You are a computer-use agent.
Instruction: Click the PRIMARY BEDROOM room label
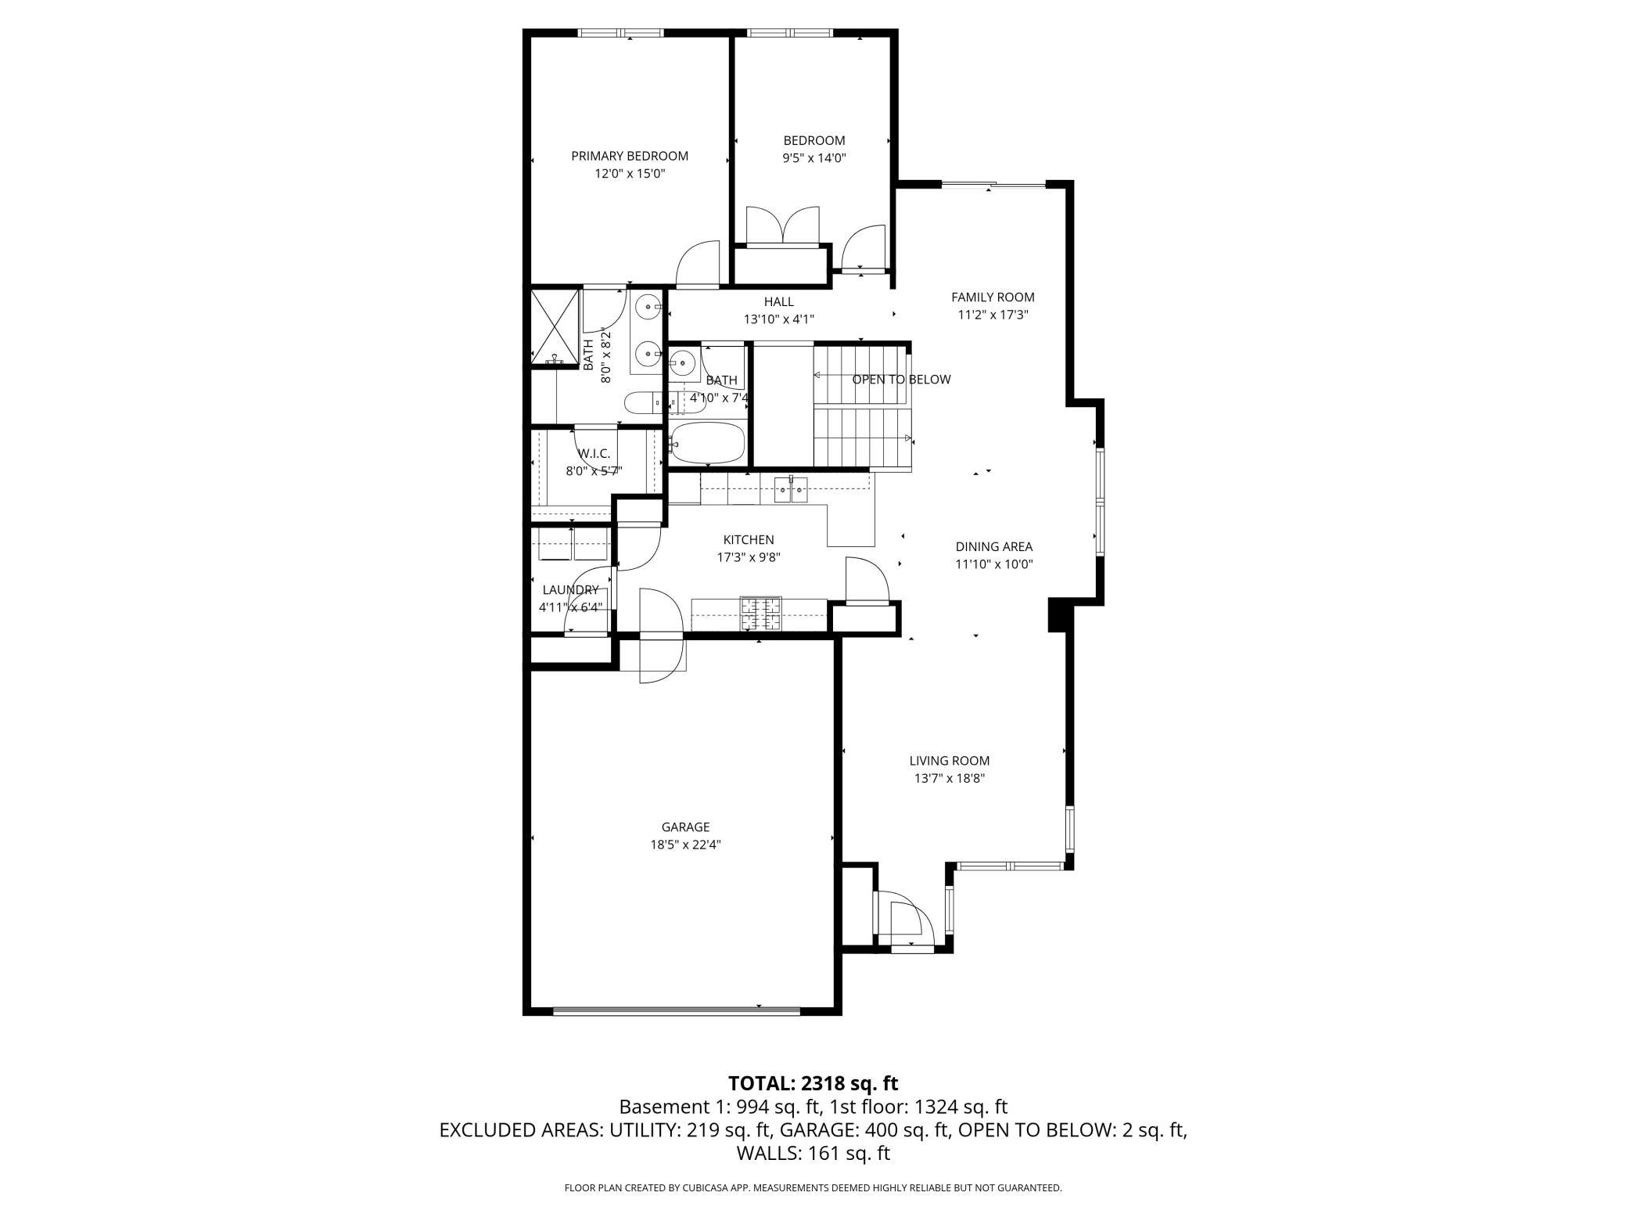click(x=630, y=156)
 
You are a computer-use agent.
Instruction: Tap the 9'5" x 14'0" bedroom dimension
click(x=814, y=157)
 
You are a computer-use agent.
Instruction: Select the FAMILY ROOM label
click(x=993, y=297)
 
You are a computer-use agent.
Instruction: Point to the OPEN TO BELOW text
click(x=901, y=380)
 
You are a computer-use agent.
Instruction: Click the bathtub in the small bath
click(x=709, y=443)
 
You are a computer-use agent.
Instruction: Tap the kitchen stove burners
click(x=761, y=614)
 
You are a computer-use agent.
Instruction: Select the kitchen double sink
click(x=791, y=491)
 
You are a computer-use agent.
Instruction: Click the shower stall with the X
click(x=555, y=327)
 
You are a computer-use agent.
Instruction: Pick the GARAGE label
click(x=685, y=827)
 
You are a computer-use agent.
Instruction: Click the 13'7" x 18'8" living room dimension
click(x=949, y=778)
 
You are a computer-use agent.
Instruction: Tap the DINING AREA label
click(x=993, y=546)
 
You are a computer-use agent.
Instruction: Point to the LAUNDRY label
click(x=570, y=589)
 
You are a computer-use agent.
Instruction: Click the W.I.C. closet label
click(x=594, y=453)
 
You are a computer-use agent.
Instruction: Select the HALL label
click(x=778, y=301)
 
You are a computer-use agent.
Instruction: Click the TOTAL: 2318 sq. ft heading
click(x=813, y=1083)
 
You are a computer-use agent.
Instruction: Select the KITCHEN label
click(x=749, y=539)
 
